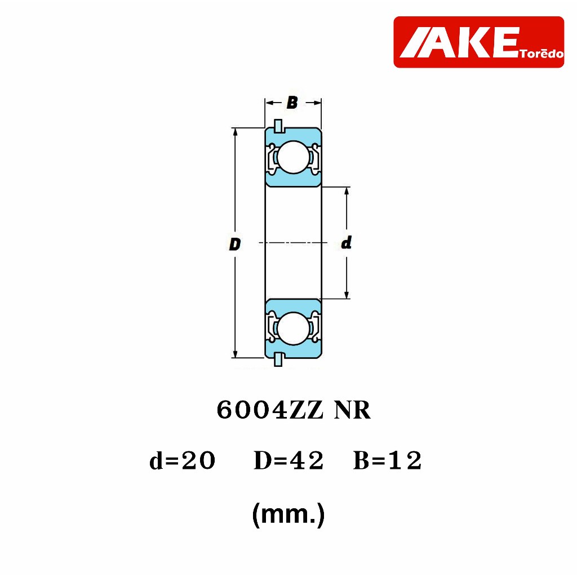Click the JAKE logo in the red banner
(x=479, y=42)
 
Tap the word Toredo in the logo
(x=542, y=54)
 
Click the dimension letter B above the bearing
(x=292, y=103)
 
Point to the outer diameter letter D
(x=235, y=245)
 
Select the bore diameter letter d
(x=347, y=243)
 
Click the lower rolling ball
(x=293, y=329)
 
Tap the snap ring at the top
(x=278, y=126)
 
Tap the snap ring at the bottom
(x=278, y=359)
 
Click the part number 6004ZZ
(x=270, y=410)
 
